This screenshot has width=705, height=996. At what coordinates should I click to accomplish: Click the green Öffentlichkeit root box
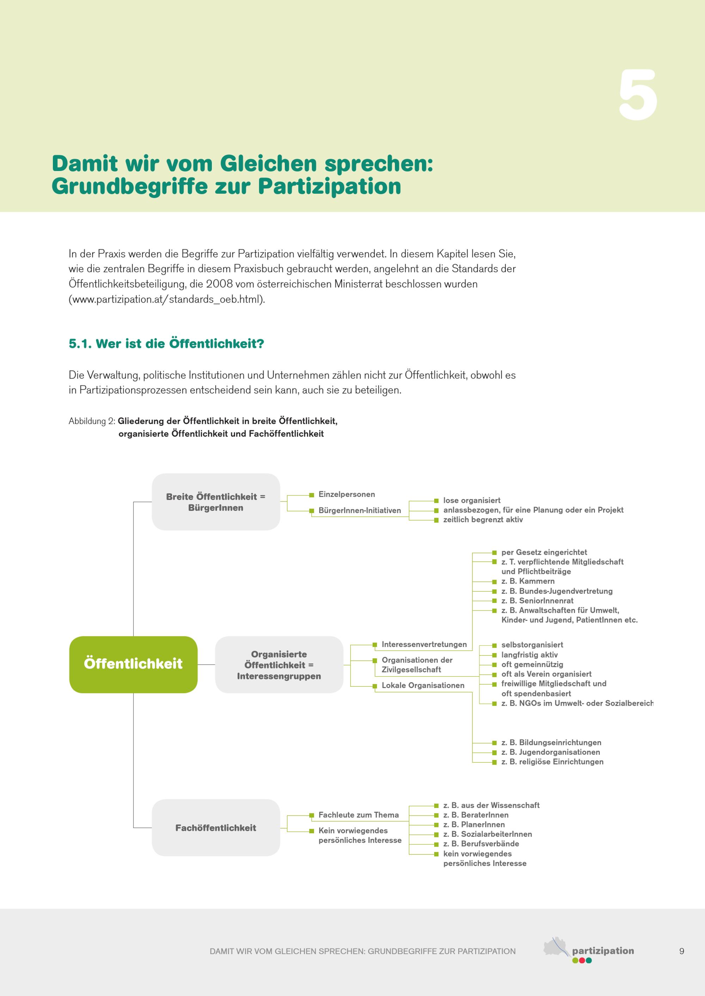pos(133,664)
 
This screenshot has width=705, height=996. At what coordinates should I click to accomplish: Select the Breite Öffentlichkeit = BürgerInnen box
pos(216,502)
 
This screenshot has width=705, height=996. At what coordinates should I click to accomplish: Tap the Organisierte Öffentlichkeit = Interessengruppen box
pos(279,665)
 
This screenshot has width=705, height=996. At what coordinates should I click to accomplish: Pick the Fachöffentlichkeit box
pos(216,828)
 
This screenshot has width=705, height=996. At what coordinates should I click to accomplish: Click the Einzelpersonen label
pos(347,494)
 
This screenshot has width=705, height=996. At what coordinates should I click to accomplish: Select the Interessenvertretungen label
pos(424,645)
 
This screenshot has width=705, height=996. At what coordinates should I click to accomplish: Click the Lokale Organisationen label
pos(423,685)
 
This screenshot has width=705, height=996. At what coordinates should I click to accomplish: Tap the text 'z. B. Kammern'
pos(527,581)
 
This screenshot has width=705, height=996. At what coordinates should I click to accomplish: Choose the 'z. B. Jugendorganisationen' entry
pos(551,752)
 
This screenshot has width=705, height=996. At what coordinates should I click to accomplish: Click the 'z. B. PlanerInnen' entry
pos(474,824)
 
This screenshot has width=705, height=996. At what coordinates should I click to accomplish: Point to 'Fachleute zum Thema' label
pos(358,815)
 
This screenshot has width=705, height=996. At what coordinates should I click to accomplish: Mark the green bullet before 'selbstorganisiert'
pos(494,646)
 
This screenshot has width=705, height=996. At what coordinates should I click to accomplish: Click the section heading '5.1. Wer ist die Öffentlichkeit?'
pos(166,344)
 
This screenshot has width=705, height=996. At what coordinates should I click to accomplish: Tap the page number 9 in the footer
pos(681,951)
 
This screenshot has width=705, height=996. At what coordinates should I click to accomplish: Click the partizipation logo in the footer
pos(589,951)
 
